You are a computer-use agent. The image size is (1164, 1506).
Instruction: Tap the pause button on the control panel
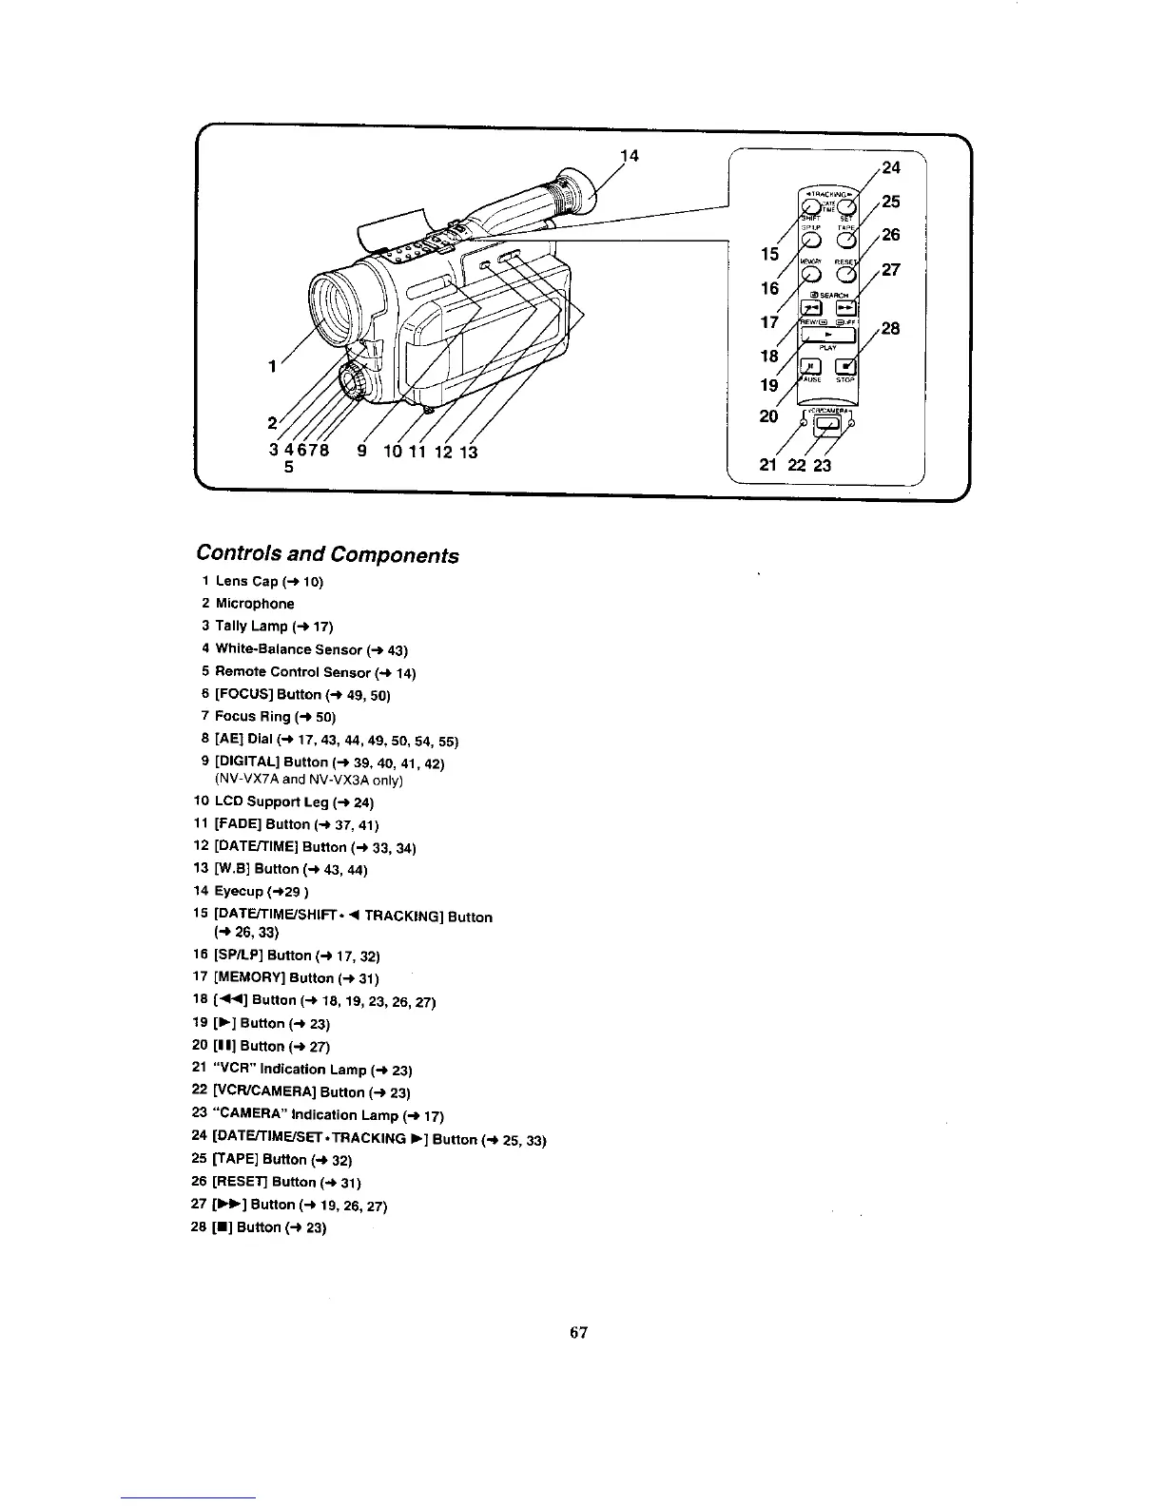click(x=810, y=366)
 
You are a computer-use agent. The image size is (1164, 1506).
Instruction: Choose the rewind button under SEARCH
click(x=810, y=307)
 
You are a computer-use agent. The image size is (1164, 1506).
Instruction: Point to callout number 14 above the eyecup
click(x=629, y=157)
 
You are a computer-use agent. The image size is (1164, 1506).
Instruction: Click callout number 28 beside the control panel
click(x=890, y=329)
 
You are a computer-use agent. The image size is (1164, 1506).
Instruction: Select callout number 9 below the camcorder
click(x=361, y=452)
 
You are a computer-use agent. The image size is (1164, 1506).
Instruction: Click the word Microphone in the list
click(x=255, y=604)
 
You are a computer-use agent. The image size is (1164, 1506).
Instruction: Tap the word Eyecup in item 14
click(x=239, y=892)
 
